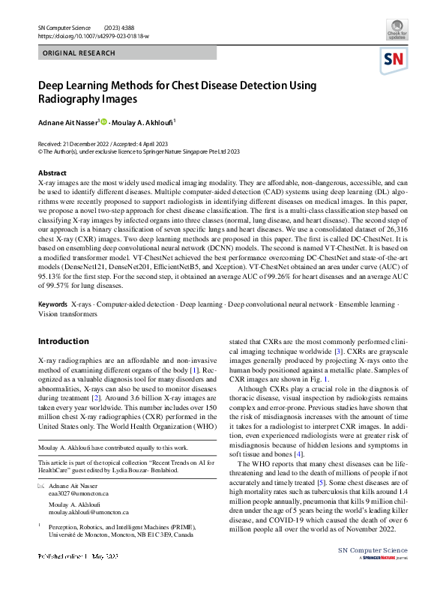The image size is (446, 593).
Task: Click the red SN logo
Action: pos(396,61)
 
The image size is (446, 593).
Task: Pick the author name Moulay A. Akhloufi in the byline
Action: pos(147,121)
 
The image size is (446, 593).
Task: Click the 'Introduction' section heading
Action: pos(63,341)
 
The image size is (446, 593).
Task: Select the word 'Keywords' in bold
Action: pos(52,305)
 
